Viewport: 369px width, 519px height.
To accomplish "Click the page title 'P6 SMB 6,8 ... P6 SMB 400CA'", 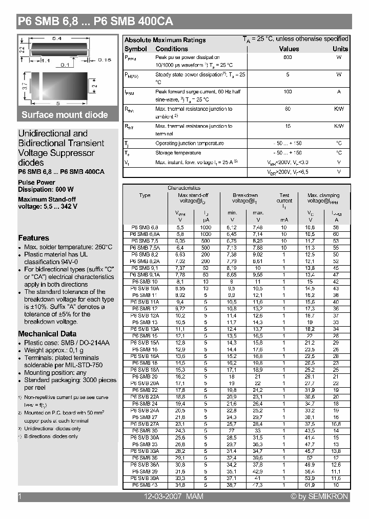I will [x=95, y=22].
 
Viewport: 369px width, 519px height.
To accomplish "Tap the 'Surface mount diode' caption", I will [x=65, y=115].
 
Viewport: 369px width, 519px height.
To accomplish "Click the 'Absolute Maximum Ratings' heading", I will [x=165, y=40].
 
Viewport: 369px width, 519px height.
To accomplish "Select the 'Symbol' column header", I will [x=135, y=49].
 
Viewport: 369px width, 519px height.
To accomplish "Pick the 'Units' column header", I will [x=340, y=49].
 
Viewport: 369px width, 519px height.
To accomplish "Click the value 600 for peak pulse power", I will [x=288, y=57].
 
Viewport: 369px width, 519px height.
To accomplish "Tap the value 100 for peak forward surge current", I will [x=288, y=92].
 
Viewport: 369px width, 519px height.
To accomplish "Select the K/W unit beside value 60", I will [x=339, y=109].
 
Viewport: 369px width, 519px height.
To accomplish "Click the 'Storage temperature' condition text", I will [x=178, y=153].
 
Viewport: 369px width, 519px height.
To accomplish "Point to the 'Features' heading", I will [x=34, y=238].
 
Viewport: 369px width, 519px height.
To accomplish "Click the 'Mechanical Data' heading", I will [x=47, y=334].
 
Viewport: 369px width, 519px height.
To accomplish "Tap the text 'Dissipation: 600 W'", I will [x=46, y=189].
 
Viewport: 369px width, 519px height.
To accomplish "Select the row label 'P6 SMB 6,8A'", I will [x=145, y=233].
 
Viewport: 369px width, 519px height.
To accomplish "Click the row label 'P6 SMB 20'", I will [x=145, y=376].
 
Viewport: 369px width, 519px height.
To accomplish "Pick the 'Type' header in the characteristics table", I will [x=145, y=195].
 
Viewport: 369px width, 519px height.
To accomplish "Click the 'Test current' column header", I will [x=284, y=198].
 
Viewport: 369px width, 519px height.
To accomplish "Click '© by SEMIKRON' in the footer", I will [x=319, y=496].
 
